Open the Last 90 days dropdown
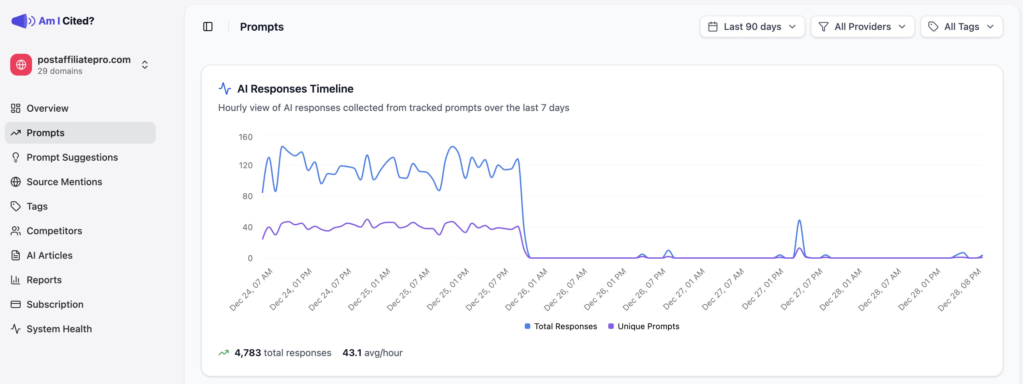click(752, 27)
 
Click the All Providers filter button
click(862, 27)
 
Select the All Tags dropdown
click(961, 27)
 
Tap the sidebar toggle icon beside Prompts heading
click(208, 27)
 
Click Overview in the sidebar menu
click(47, 108)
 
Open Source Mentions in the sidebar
click(64, 182)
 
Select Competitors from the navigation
click(54, 231)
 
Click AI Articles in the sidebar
click(49, 255)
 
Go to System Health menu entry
click(59, 329)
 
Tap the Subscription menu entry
click(55, 304)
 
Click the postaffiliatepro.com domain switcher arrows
click(145, 65)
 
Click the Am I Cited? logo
click(53, 21)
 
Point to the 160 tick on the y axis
click(245, 137)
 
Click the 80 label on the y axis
click(247, 196)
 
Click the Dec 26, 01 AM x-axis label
click(526, 290)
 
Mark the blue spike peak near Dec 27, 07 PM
click(799, 220)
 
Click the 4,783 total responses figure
click(247, 353)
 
